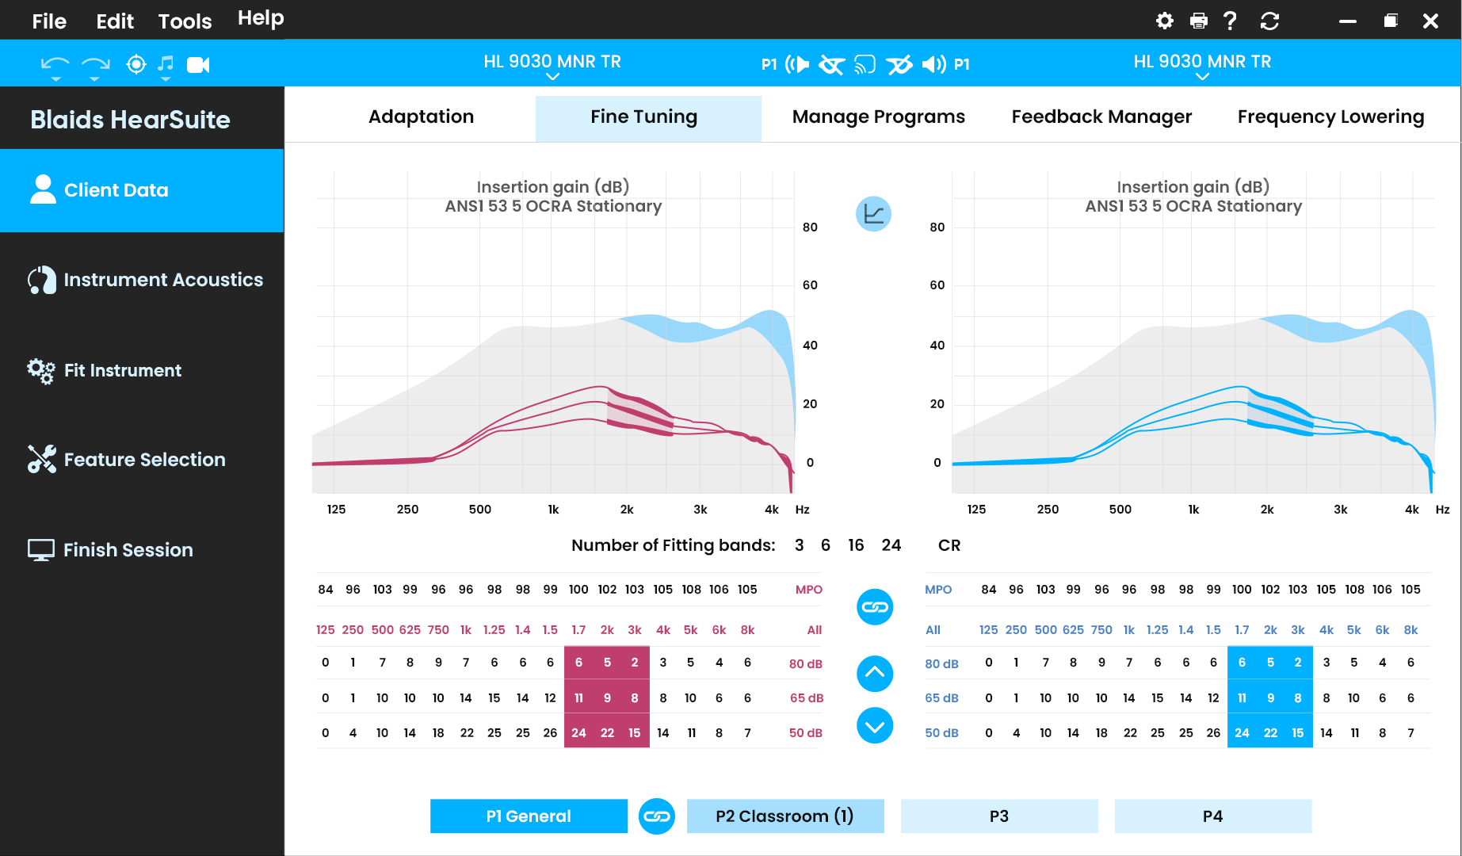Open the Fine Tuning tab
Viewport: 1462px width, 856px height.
644,117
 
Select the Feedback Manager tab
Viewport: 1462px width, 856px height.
1101,117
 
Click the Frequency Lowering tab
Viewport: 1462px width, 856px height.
1330,117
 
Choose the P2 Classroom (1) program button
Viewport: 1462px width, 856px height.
785,816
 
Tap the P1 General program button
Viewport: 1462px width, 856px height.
529,816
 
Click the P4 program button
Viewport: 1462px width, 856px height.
1212,816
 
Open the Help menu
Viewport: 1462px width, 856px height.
261,18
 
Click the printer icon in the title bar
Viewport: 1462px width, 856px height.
1199,21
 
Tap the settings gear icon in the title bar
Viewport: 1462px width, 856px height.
1165,21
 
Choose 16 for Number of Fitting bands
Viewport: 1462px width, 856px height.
856,545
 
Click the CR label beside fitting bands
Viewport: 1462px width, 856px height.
949,545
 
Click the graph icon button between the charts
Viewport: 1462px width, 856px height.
874,214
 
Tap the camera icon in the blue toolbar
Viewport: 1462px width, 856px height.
198,64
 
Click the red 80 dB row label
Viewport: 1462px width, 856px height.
806,664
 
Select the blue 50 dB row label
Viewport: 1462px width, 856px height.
942,733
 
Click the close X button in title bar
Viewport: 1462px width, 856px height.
1430,21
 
